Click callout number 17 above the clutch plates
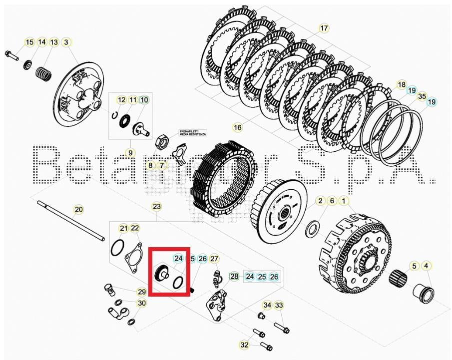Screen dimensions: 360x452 coord(324,28)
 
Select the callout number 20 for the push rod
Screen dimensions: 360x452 coord(78,209)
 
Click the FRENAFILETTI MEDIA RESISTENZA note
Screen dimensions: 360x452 coord(193,133)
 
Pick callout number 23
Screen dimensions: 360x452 coord(157,206)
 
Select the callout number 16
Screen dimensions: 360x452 coord(237,127)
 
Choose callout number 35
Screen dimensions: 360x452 coord(422,96)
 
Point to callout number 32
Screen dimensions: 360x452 coord(244,345)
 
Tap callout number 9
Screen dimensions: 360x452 coord(130,152)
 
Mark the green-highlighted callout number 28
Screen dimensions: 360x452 coord(234,276)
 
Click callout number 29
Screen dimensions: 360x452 coord(142,292)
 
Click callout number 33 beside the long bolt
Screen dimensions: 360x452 coord(279,305)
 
